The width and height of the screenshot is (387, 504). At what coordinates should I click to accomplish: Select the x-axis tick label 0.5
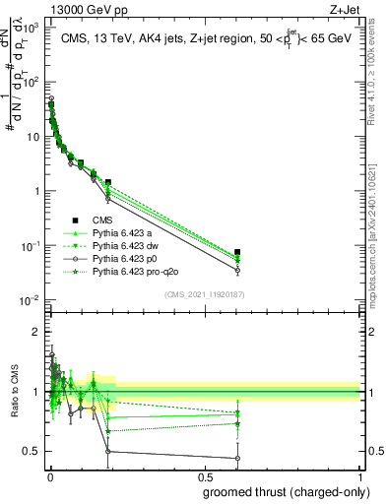tap(204, 477)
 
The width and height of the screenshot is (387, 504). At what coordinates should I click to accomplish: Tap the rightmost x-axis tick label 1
tap(361, 477)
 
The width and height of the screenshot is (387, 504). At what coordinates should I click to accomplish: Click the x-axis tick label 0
tap(49, 477)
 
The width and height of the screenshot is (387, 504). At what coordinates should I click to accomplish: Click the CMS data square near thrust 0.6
tap(237, 253)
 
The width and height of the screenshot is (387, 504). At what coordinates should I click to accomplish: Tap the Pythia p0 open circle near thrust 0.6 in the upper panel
tap(237, 270)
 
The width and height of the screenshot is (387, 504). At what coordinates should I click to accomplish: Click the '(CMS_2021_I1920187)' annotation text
tap(205, 294)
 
